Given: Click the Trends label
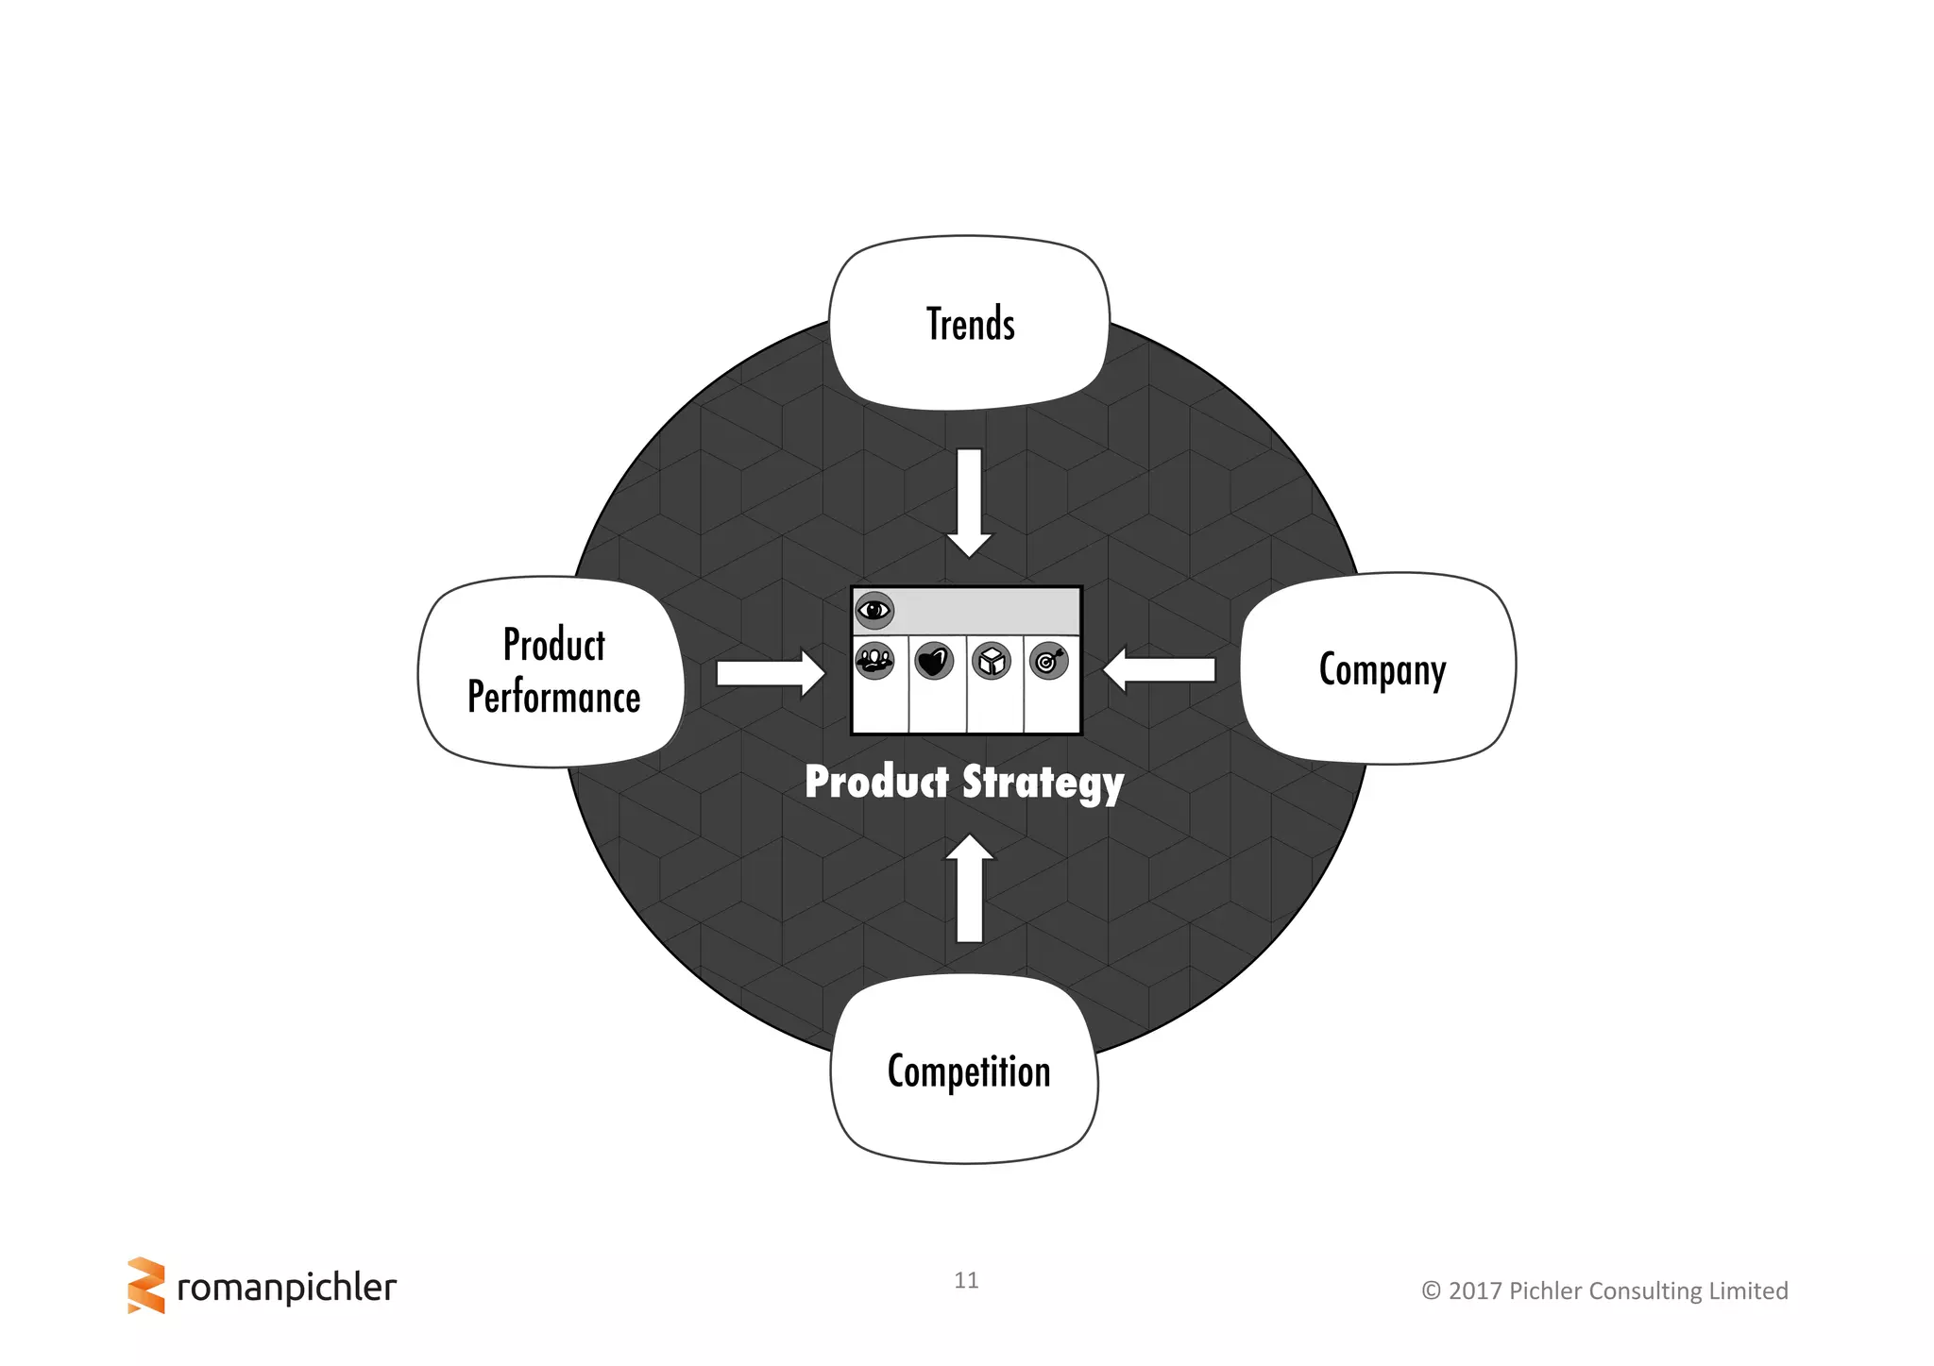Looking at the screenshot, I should coord(970,325).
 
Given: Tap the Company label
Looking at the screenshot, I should coord(1382,670).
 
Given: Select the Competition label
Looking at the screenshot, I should coord(968,1071).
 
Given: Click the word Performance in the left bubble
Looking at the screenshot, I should coord(554,698).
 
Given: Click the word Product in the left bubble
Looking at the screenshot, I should coord(554,645).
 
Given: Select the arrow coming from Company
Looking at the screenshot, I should coord(1159,669).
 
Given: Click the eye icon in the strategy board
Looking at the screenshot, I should coord(874,611).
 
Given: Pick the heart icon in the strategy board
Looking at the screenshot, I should coord(934,661).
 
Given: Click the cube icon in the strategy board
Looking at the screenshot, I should coord(992,661).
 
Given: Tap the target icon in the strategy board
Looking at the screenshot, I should coord(1048,661).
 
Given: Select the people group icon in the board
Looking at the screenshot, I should coord(874,660).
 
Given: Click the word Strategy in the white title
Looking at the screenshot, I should coord(1043,784).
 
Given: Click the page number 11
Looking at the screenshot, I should coord(966,1280).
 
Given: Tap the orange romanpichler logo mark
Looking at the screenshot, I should coord(145,1285).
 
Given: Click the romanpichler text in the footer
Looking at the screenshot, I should coord(286,1288).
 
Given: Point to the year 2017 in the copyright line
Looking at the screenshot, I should coord(1475,1290).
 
